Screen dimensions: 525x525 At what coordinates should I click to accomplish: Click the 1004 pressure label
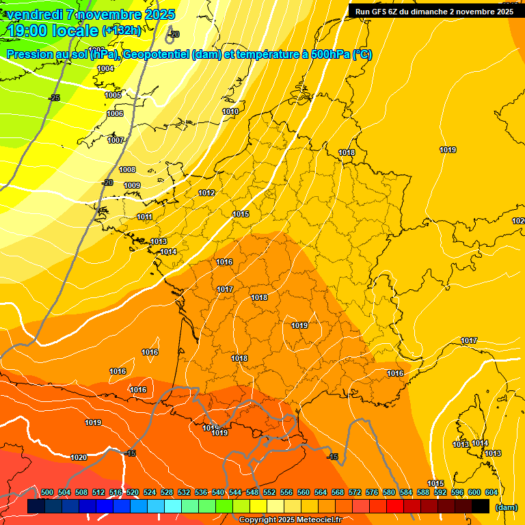(105, 69)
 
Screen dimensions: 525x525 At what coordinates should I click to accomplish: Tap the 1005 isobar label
(113, 95)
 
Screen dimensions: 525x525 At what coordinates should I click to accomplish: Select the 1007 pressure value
(116, 140)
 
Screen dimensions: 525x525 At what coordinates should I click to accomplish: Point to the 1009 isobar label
(132, 185)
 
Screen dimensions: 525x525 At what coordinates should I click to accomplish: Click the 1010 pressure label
(230, 111)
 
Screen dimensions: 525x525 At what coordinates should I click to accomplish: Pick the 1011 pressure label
(144, 217)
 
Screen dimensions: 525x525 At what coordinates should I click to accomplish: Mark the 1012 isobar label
(206, 193)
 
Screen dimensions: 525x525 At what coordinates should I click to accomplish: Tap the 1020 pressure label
(79, 457)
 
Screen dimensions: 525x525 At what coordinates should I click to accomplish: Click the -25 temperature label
(55, 98)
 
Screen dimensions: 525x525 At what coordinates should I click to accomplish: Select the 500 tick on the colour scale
(47, 492)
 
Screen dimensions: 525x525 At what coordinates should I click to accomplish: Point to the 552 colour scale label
(269, 492)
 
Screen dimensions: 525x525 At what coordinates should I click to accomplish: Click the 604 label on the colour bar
(492, 492)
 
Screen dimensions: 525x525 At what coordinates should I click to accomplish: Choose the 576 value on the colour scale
(372, 492)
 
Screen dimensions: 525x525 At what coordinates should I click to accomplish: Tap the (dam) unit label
(507, 507)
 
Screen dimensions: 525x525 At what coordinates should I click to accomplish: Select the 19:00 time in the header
(28, 31)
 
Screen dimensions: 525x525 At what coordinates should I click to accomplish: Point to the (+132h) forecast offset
(122, 31)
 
